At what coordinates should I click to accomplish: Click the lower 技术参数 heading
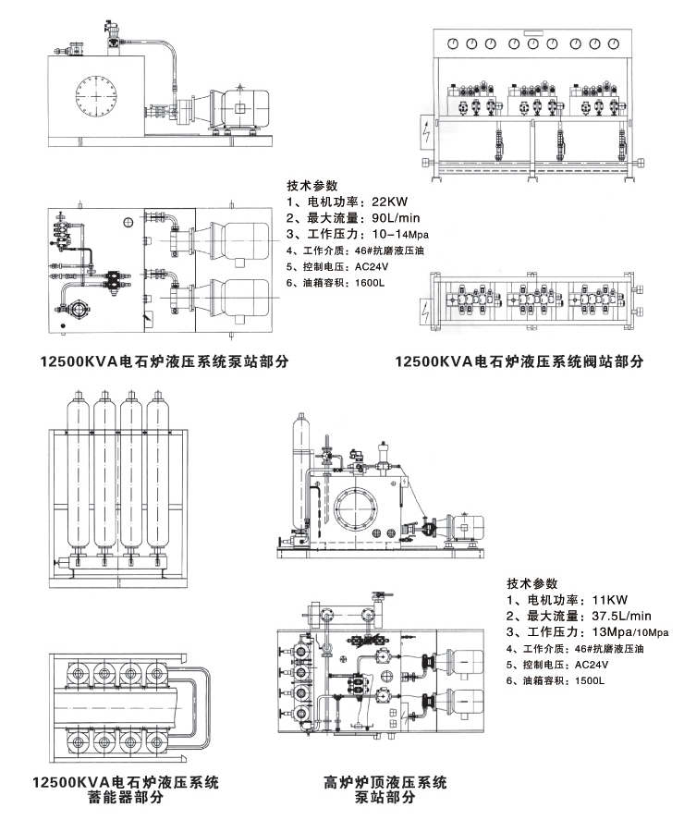pyautogui.click(x=532, y=583)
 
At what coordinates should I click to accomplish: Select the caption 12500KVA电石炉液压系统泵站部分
pyautogui.click(x=158, y=361)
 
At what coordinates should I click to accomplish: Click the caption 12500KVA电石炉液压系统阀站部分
pyautogui.click(x=519, y=361)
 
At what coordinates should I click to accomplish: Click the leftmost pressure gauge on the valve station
pyautogui.click(x=452, y=43)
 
